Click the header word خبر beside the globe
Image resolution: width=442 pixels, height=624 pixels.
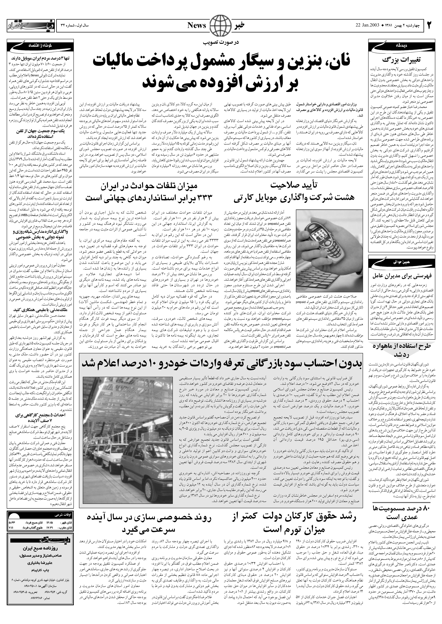tap(240, 25)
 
